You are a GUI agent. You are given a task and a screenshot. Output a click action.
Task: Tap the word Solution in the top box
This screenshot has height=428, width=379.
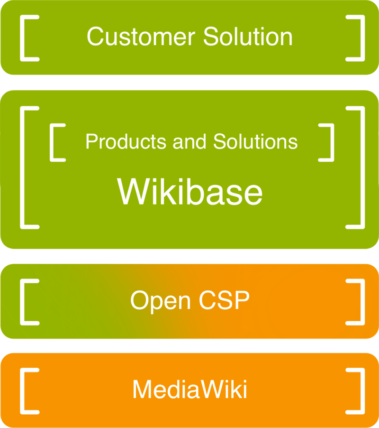click(x=248, y=37)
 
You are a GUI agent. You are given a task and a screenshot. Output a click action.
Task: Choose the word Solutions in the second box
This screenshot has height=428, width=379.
click(x=255, y=141)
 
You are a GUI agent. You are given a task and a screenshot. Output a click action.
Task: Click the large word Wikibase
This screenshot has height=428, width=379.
click(x=189, y=192)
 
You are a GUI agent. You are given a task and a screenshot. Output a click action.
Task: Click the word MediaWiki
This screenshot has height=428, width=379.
click(x=189, y=390)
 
